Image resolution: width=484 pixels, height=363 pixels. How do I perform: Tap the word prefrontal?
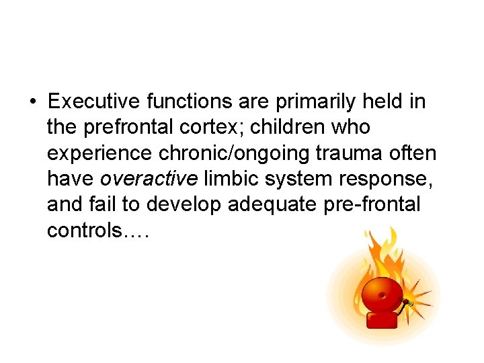coord(129,128)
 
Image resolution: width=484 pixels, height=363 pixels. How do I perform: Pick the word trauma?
coord(349,153)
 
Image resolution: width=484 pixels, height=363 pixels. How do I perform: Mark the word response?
coord(367,179)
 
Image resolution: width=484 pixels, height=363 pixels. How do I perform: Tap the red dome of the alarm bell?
coord(382,296)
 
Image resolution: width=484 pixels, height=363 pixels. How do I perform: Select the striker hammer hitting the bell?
coord(406,303)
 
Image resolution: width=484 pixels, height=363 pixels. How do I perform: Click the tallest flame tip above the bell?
coord(393,231)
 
